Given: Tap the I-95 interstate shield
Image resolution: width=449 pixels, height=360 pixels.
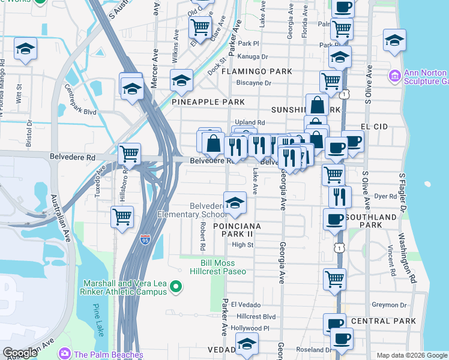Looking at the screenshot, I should pyautogui.click(x=145, y=239).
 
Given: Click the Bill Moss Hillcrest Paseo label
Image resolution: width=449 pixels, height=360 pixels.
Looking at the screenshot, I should pyautogui.click(x=223, y=267).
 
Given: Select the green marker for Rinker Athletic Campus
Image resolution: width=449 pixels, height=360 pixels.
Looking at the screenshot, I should pyautogui.click(x=176, y=288).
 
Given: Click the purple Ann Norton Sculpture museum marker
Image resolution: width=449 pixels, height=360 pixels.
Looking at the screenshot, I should pyautogui.click(x=395, y=76).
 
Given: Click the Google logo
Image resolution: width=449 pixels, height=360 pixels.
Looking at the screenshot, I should pyautogui.click(x=20, y=353).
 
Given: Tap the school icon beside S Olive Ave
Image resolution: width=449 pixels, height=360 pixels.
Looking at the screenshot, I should pyautogui.click(x=394, y=41).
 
